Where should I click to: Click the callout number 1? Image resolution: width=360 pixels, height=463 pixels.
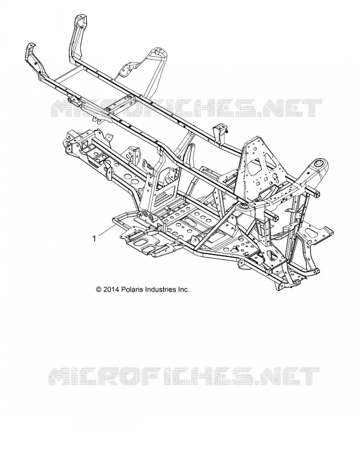94,238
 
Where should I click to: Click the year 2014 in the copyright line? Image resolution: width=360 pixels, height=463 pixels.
111,289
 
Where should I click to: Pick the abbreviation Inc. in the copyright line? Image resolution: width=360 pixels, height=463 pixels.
183,289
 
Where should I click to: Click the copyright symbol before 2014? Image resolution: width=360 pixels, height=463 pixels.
99,289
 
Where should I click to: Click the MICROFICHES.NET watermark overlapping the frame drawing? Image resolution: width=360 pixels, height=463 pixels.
186,108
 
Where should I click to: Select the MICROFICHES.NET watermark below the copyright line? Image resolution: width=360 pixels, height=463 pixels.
183,376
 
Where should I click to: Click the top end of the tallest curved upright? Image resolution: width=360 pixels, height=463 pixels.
80,17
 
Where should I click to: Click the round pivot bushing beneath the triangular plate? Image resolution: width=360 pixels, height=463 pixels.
244,207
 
